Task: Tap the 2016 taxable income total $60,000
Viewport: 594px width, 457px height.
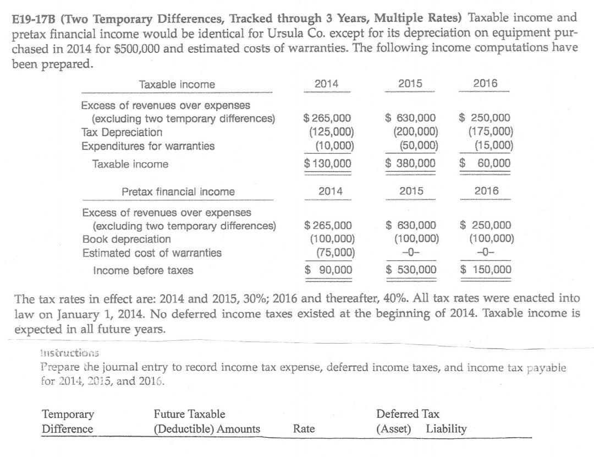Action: point(486,164)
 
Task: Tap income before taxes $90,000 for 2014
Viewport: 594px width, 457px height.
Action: point(329,270)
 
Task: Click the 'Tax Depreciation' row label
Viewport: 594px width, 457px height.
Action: point(122,133)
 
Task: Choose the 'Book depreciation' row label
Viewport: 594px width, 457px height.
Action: point(126,240)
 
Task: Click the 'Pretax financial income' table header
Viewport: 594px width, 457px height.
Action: point(178,192)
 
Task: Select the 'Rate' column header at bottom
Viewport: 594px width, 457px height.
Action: point(304,428)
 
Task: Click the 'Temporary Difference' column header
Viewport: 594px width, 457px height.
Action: point(68,421)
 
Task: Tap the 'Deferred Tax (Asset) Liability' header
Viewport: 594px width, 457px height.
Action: point(421,421)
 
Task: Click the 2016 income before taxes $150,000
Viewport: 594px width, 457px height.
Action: point(486,270)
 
